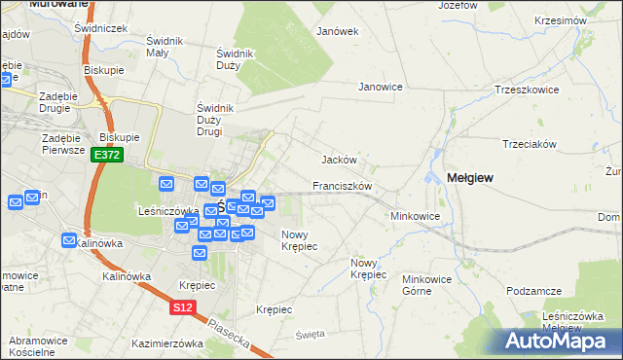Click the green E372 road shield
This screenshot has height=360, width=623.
[x=107, y=156]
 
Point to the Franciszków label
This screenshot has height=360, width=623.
[x=343, y=186]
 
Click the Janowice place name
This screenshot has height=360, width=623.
[x=381, y=87]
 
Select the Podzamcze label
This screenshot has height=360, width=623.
[x=534, y=291]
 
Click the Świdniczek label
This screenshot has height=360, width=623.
[x=100, y=28]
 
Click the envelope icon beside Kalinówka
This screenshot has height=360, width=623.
[x=70, y=240]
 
